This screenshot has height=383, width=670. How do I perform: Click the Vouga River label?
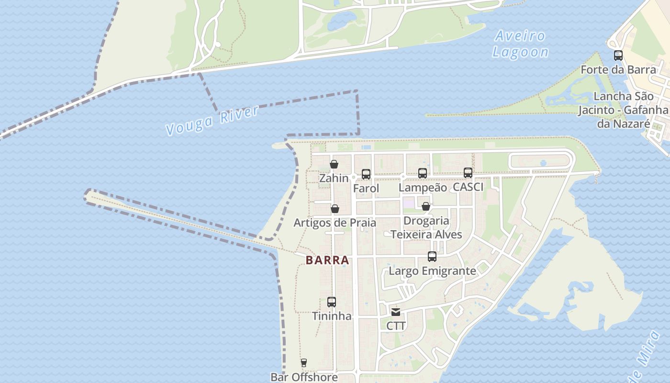pyautogui.click(x=212, y=120)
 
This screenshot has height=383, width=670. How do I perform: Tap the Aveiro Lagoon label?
pyautogui.click(x=520, y=44)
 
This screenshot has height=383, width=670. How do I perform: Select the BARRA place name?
pyautogui.click(x=327, y=260)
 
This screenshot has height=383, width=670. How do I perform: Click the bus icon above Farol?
pyautogui.click(x=366, y=174)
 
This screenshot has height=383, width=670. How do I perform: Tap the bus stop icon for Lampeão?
pyautogui.click(x=422, y=173)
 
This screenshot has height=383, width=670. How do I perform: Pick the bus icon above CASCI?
pyautogui.click(x=468, y=173)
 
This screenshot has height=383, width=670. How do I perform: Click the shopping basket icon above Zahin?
pyautogui.click(x=334, y=164)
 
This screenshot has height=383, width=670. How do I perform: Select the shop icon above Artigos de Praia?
pyautogui.click(x=335, y=209)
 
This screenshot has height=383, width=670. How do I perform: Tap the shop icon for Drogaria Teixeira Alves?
pyautogui.click(x=425, y=206)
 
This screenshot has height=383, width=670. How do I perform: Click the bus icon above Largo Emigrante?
pyautogui.click(x=432, y=257)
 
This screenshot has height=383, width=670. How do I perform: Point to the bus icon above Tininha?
pyautogui.click(x=332, y=302)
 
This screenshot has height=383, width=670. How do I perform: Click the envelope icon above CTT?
pyautogui.click(x=396, y=313)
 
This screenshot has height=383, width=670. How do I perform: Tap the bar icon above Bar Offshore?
pyautogui.click(x=303, y=363)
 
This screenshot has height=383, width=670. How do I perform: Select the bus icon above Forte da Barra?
pyautogui.click(x=618, y=56)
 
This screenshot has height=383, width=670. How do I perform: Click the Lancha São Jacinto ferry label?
pyautogui.click(x=623, y=110)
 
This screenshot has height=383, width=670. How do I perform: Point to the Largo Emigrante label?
pyautogui.click(x=432, y=271)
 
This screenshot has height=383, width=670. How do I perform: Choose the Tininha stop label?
pyautogui.click(x=332, y=316)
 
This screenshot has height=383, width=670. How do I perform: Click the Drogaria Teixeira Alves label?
pyautogui.click(x=426, y=227)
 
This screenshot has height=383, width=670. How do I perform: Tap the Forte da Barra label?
pyautogui.click(x=618, y=70)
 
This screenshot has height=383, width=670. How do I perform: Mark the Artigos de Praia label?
pyautogui.click(x=335, y=223)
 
